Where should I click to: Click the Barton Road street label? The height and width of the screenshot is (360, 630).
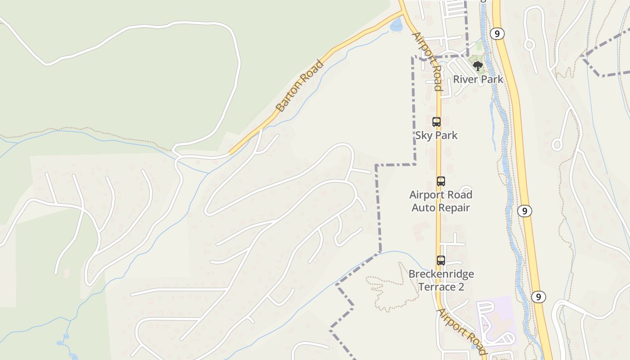click(x=300, y=86)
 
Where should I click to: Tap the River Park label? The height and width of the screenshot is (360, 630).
click(x=478, y=80)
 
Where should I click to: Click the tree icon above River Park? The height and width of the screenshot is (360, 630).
click(x=477, y=67)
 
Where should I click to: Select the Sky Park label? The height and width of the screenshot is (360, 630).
click(x=436, y=135)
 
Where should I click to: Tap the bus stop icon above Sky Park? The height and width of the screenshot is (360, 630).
click(x=436, y=121)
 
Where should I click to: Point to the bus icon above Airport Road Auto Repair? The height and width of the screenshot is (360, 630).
click(x=441, y=181)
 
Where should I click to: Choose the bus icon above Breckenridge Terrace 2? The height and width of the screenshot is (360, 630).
click(x=441, y=260)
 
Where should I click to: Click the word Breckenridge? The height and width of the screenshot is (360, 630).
click(x=441, y=274)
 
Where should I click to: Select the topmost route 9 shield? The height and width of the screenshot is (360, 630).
click(x=497, y=34)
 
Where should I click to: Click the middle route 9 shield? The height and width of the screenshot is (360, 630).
click(x=524, y=211)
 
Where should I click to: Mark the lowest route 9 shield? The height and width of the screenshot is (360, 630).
click(x=538, y=297)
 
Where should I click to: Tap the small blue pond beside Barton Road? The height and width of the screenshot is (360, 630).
click(x=396, y=26)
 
